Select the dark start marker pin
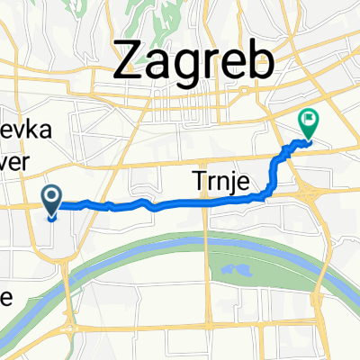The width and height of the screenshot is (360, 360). (51, 199)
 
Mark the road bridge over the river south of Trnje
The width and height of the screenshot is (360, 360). (208, 232)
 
